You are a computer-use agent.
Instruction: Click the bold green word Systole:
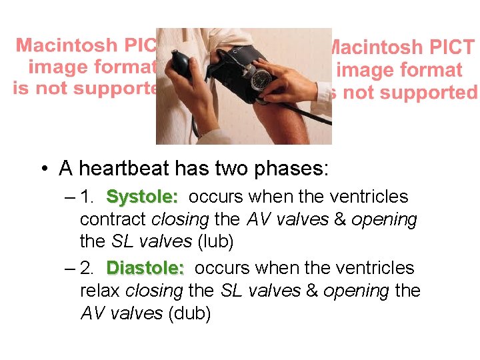click(x=142, y=197)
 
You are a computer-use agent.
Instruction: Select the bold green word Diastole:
click(x=145, y=268)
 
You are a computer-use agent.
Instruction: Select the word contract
click(x=113, y=219)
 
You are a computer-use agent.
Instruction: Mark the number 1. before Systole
click(x=87, y=197)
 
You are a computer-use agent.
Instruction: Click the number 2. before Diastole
click(x=87, y=268)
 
